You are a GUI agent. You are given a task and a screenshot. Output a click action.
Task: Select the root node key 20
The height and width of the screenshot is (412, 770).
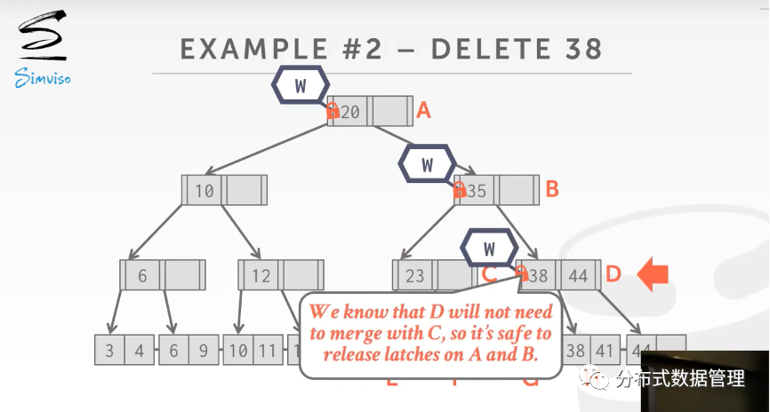pyautogui.click(x=350, y=112)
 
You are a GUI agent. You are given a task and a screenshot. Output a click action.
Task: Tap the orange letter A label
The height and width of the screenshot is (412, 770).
pyautogui.click(x=424, y=111)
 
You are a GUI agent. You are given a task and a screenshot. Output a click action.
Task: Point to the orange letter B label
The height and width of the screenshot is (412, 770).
pyautogui.click(x=551, y=189)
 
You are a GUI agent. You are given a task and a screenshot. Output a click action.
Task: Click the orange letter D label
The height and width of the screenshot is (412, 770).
pyautogui.click(x=613, y=274)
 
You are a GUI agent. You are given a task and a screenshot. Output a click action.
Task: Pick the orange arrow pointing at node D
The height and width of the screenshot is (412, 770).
pyautogui.click(x=654, y=274)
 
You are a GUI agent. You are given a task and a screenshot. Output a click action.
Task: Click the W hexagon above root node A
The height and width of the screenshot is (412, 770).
pyautogui.click(x=300, y=86)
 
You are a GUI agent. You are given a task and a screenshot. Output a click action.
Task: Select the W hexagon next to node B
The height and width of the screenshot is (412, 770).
pyautogui.click(x=428, y=164)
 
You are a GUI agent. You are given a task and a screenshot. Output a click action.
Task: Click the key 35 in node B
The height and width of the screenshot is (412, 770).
pyautogui.click(x=477, y=190)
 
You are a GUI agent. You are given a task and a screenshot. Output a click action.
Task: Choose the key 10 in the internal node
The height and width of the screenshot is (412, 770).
pyautogui.click(x=205, y=190)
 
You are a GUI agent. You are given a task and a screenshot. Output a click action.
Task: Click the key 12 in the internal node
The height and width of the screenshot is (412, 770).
pyautogui.click(x=261, y=275)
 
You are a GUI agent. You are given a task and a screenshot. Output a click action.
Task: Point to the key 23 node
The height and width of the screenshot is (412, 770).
pyautogui.click(x=414, y=275)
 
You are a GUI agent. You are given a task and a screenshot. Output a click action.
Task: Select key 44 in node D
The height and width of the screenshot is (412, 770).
pyautogui.click(x=579, y=275)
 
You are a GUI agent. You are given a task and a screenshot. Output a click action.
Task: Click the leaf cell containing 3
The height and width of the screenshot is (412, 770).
pyautogui.click(x=109, y=350)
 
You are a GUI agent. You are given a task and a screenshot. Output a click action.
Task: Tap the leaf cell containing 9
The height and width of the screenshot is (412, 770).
pyautogui.click(x=203, y=350)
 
